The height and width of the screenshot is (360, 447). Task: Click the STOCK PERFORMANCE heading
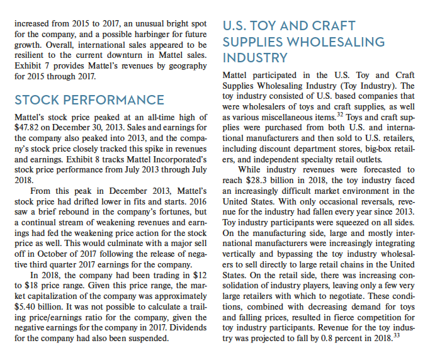click(x=89, y=100)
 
